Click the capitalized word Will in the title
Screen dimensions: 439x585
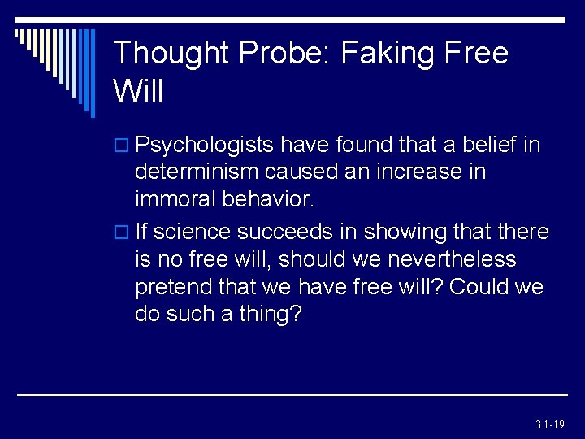[139, 91]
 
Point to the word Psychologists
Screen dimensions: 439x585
[206, 146]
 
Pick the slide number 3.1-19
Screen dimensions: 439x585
[550, 424]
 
